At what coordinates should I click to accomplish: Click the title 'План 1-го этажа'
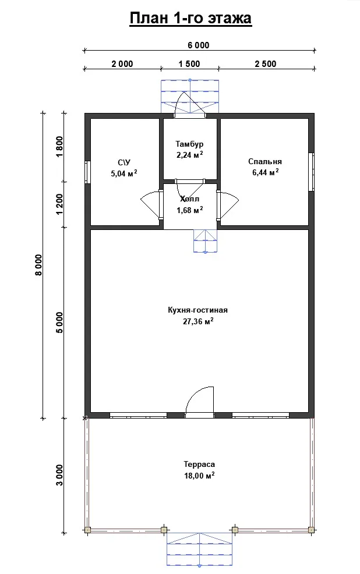click(x=190, y=18)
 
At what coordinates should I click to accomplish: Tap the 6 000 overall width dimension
click(x=199, y=45)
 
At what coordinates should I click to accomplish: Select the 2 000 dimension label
click(x=122, y=64)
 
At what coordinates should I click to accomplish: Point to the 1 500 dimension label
click(x=189, y=64)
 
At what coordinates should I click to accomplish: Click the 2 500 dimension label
click(x=266, y=64)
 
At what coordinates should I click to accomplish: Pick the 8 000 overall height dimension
click(x=39, y=265)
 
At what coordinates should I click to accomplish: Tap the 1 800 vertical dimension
click(x=59, y=147)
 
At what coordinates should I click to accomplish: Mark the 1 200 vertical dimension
click(x=59, y=204)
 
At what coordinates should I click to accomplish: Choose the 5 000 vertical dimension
click(x=59, y=323)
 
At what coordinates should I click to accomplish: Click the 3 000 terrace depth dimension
click(x=59, y=475)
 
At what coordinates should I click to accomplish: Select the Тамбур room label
click(x=189, y=144)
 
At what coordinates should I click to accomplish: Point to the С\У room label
click(x=124, y=162)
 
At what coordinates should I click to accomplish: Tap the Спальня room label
click(x=265, y=162)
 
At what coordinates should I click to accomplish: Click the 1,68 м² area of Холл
click(x=190, y=210)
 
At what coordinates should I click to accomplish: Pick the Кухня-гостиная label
click(x=197, y=310)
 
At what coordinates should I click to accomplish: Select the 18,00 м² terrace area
click(x=199, y=476)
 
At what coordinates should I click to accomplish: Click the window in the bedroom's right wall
click(x=311, y=172)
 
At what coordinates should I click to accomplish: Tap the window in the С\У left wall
click(x=87, y=172)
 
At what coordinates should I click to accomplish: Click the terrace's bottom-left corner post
click(x=87, y=530)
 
